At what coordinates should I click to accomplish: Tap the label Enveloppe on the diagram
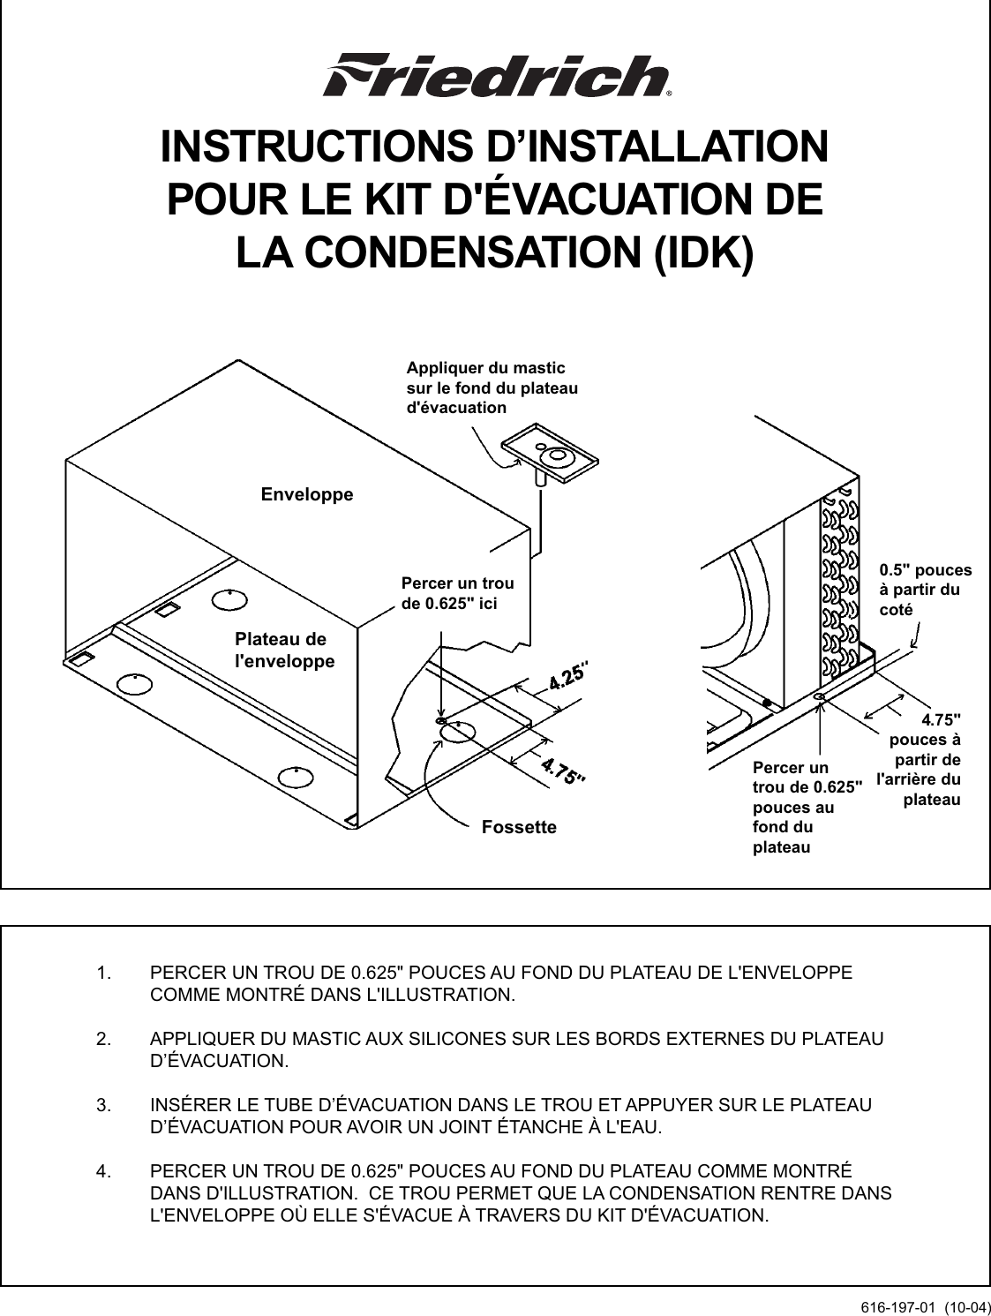pos(307,494)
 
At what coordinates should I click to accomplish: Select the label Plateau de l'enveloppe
pos(284,650)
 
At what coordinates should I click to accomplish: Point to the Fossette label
pos(519,827)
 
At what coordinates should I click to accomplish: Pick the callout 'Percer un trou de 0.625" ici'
pos(457,593)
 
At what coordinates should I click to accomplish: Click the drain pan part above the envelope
pos(553,456)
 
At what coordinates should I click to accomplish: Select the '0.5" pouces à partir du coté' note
pos(925,590)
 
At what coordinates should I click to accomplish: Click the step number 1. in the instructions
pos(104,974)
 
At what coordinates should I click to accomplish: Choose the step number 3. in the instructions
pos(104,1105)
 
